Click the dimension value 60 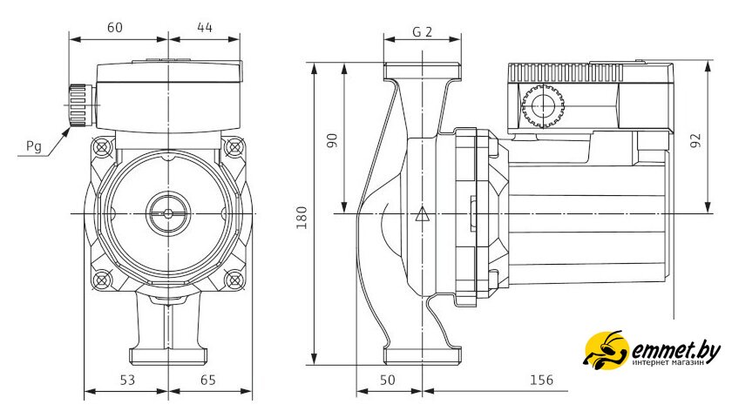[x=115, y=28]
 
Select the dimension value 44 [x=205, y=28]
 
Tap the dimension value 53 [x=127, y=380]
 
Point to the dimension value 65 [x=207, y=380]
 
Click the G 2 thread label [x=422, y=31]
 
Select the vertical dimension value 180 [x=302, y=218]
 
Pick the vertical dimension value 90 [x=331, y=140]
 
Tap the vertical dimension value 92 [x=695, y=140]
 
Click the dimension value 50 [x=387, y=380]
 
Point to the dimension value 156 [x=541, y=380]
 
